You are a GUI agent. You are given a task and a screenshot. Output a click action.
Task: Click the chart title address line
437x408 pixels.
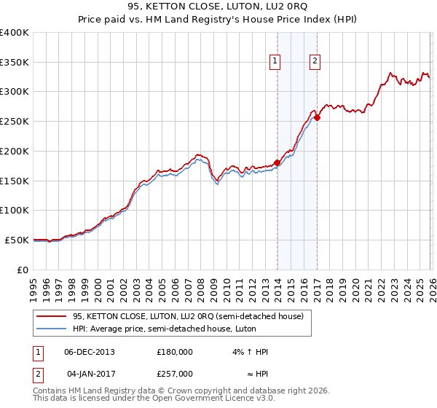click(x=219, y=7)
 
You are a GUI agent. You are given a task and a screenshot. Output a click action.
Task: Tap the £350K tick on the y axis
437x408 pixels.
click(x=15, y=63)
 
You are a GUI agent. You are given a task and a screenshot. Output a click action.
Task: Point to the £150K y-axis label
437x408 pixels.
click(x=15, y=181)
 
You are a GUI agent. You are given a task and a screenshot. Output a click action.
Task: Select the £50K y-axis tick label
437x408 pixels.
click(x=17, y=240)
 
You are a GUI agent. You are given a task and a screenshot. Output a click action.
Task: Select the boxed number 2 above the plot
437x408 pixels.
click(x=315, y=62)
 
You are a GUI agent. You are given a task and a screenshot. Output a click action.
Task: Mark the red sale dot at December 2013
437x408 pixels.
click(x=277, y=163)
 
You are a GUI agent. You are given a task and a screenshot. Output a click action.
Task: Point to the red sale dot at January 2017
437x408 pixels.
click(x=317, y=118)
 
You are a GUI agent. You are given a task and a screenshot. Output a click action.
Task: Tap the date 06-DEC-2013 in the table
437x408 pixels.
click(x=89, y=352)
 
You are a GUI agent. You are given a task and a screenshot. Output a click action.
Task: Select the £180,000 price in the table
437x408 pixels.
click(x=175, y=352)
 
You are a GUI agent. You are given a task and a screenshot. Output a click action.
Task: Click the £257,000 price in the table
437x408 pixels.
click(x=175, y=372)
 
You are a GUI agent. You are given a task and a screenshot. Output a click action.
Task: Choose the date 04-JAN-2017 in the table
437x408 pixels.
click(x=89, y=372)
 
